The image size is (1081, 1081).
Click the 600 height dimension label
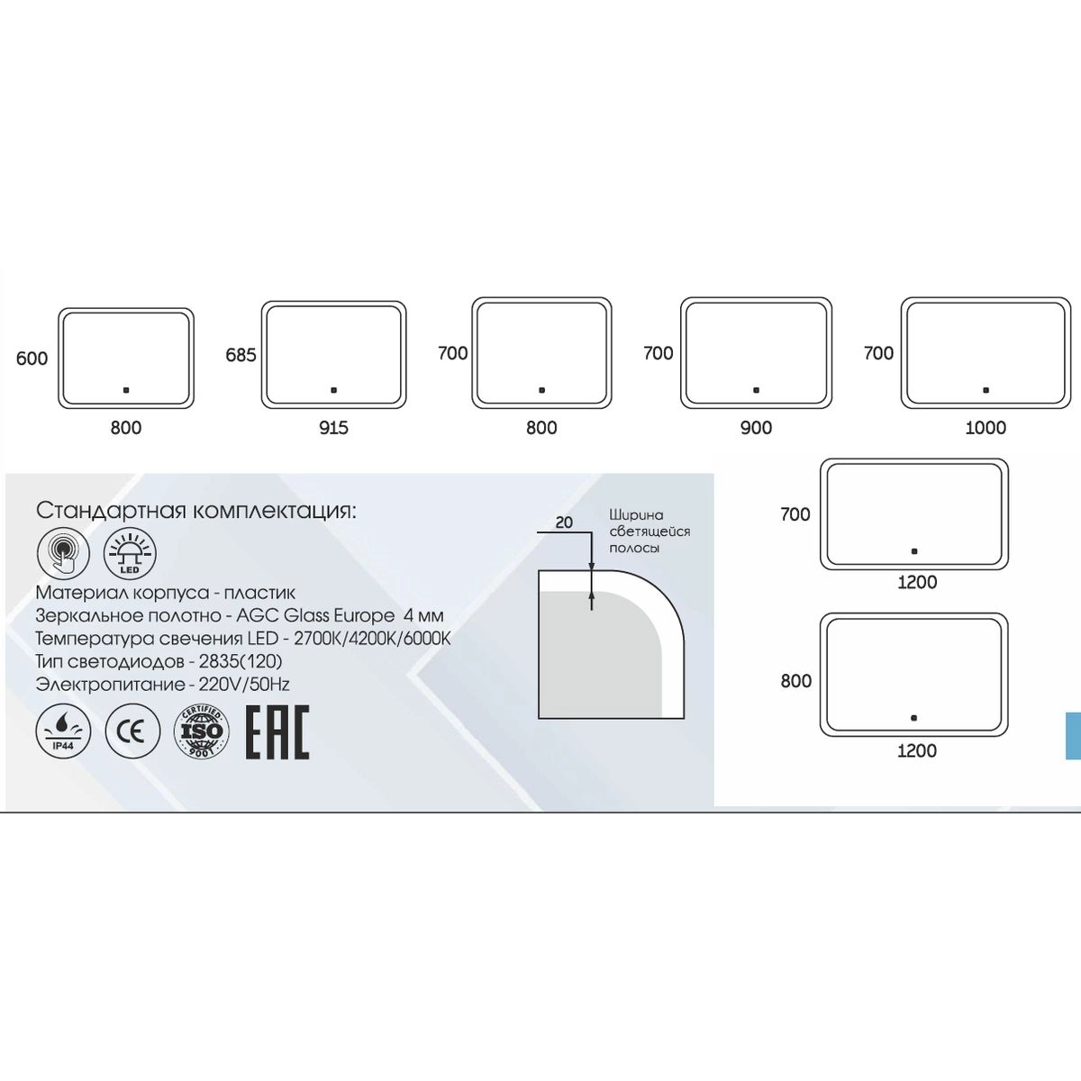[x=32, y=359]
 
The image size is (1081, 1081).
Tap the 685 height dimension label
[x=241, y=355]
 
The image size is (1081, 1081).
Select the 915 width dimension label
[x=334, y=428]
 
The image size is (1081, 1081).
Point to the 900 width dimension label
[x=756, y=428]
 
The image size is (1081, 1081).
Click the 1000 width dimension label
[x=986, y=428]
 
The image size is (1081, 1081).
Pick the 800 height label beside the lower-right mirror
[x=796, y=681]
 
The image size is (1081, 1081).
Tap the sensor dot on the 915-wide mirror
[x=334, y=390]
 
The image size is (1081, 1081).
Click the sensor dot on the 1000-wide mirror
[x=986, y=390]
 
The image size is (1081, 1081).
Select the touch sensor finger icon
[x=63, y=553]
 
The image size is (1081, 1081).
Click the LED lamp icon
[x=130, y=553]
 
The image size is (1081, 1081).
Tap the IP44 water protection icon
[x=63, y=731]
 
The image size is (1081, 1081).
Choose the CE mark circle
[x=132, y=731]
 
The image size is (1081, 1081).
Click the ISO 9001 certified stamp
[x=202, y=731]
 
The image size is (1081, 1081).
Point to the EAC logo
[x=277, y=732]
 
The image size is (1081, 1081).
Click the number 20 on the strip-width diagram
[x=564, y=522]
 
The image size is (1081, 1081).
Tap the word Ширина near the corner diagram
[x=636, y=515]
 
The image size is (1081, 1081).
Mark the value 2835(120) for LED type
[x=241, y=661]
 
